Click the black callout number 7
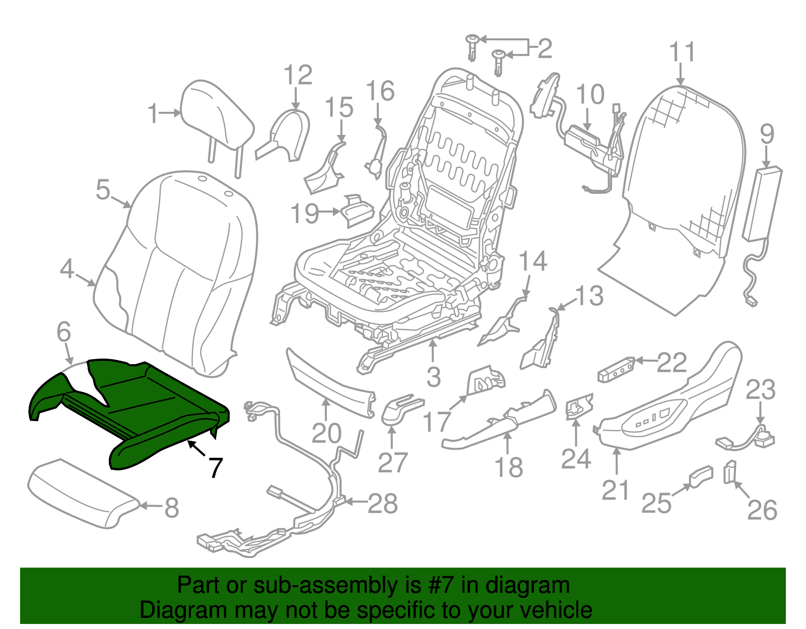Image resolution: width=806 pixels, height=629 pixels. click(x=215, y=468)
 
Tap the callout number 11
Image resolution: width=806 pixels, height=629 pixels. click(x=682, y=52)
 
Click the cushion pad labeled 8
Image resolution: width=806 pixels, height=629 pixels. click(x=81, y=494)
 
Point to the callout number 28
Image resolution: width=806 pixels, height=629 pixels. click(x=383, y=503)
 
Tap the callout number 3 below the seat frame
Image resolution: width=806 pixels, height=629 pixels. click(x=433, y=377)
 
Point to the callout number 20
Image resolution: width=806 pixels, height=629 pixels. click(x=326, y=433)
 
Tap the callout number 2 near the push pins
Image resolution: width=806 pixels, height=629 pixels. click(x=545, y=49)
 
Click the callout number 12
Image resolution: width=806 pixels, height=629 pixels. click(x=298, y=76)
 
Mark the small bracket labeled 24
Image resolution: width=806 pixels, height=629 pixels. click(x=578, y=405)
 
